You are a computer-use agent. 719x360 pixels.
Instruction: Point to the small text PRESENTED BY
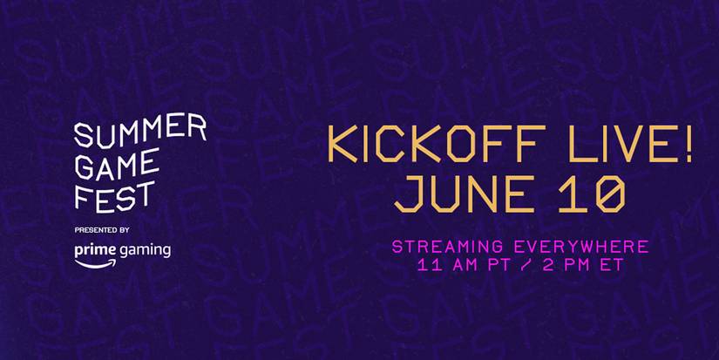[102, 230]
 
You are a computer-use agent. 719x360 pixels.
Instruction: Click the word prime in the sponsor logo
[95, 250]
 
